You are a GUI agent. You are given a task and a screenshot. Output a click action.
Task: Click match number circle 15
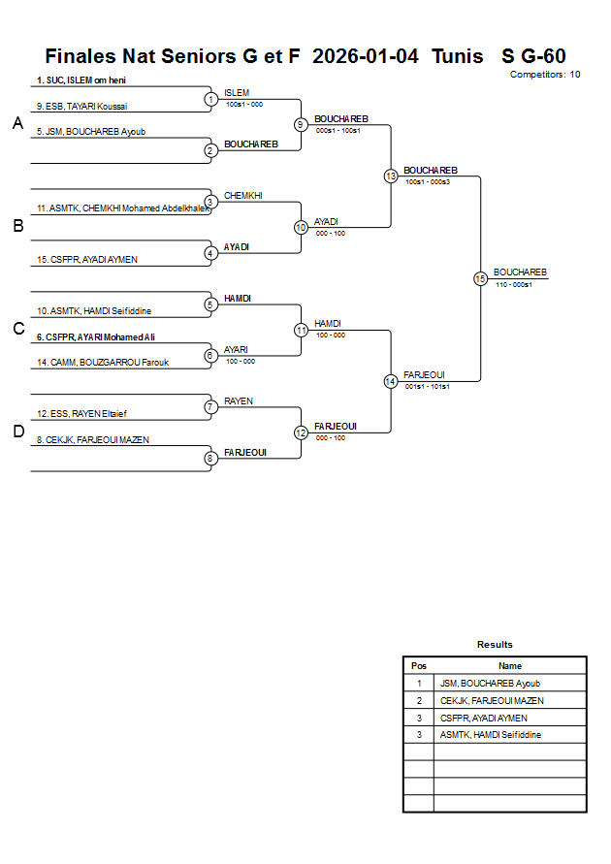point(480,278)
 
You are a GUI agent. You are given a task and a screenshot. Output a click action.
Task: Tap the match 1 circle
point(210,99)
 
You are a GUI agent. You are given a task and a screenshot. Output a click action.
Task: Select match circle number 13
point(391,176)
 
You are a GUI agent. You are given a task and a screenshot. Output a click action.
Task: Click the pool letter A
point(17,123)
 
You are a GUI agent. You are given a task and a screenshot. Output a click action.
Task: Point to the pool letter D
point(17,432)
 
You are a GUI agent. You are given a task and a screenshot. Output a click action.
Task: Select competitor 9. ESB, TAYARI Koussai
point(82,107)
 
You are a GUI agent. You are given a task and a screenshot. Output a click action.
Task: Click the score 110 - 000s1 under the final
point(514,285)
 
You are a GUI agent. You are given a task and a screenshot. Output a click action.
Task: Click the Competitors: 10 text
point(545,74)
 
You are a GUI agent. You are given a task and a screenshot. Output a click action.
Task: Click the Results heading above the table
point(495,645)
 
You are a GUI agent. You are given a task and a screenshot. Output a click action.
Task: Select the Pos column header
point(419,666)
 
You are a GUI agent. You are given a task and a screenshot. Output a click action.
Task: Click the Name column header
point(510,666)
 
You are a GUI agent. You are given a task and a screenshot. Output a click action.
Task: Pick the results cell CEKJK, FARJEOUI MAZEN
point(492,700)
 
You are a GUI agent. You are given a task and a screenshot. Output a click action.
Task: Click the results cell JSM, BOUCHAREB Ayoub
point(490,684)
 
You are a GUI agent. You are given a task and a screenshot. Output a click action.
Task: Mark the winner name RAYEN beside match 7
point(239,400)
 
